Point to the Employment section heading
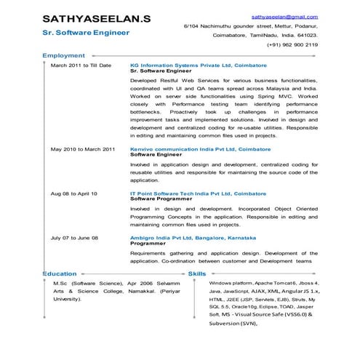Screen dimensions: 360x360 (x=64, y=55)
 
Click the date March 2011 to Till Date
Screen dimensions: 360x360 (x=81, y=65)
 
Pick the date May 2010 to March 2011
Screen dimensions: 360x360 (x=82, y=149)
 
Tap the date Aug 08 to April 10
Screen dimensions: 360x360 (x=73, y=193)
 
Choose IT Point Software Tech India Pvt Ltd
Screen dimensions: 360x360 (x=196, y=193)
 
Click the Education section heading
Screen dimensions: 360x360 (x=60, y=273)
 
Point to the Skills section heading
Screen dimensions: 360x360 (x=197, y=273)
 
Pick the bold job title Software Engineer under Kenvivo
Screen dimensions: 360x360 (x=155, y=154)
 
